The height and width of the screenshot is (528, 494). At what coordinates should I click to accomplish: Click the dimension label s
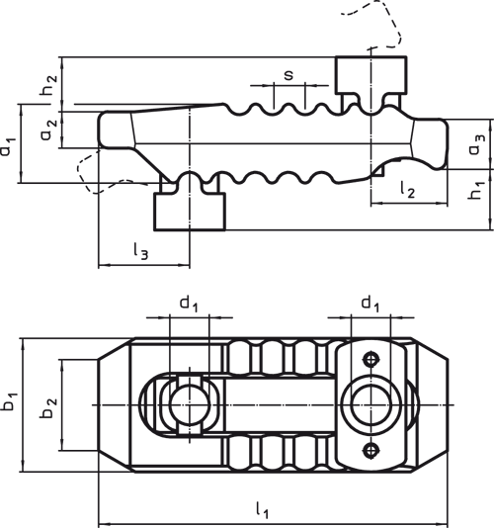click(x=288, y=75)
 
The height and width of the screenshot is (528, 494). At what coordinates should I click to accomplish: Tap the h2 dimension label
click(x=48, y=84)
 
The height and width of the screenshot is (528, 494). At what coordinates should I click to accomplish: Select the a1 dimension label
click(x=7, y=146)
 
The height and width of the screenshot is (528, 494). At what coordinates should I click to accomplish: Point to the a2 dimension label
click(x=48, y=130)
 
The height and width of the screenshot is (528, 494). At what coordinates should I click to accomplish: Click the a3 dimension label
click(x=477, y=144)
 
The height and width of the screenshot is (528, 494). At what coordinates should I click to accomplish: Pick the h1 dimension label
click(x=476, y=190)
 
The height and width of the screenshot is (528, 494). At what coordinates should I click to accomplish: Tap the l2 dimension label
click(x=407, y=189)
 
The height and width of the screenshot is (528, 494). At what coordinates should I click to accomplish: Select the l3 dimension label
click(x=140, y=251)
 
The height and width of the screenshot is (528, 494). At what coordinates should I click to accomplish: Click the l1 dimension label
click(x=262, y=510)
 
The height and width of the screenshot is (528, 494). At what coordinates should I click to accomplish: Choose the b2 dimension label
click(x=48, y=408)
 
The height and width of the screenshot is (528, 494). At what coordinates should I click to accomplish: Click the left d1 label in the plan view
click(x=189, y=303)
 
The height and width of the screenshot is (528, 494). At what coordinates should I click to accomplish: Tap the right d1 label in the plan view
click(x=370, y=303)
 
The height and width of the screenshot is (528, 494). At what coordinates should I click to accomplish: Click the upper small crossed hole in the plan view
click(x=370, y=359)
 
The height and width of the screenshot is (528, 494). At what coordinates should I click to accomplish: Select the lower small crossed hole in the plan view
click(x=370, y=450)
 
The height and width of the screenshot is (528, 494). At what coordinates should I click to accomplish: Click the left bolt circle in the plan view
click(x=190, y=404)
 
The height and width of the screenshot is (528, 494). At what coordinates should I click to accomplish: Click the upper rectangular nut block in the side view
click(x=371, y=75)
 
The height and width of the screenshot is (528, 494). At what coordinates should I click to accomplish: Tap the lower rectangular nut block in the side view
click(x=190, y=212)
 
